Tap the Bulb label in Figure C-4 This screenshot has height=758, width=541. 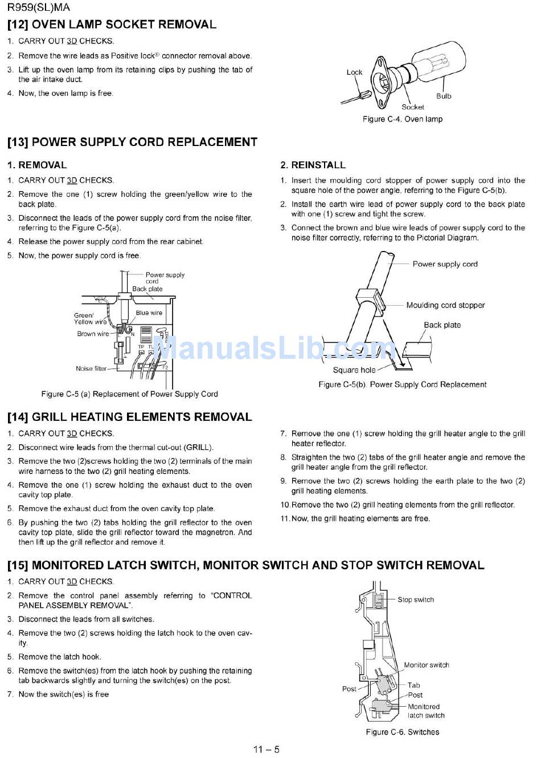[444, 96]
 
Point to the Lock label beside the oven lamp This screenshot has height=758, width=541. [354, 72]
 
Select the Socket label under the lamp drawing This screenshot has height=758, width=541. [413, 107]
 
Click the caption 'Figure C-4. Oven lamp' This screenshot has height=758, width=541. [403, 119]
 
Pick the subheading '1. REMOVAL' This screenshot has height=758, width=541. [37, 165]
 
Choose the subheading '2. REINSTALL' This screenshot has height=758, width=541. [313, 165]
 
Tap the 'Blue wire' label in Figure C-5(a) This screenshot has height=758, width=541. [149, 313]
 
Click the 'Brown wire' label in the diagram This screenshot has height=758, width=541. [93, 334]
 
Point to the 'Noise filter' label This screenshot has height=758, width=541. [91, 368]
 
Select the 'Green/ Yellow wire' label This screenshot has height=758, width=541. [90, 318]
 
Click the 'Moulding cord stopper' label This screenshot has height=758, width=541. [445, 305]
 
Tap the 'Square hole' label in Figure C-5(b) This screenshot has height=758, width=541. [354, 370]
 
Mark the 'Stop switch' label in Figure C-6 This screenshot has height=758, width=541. [416, 599]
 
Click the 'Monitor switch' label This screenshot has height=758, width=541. [427, 665]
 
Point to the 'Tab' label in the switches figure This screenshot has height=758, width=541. [413, 685]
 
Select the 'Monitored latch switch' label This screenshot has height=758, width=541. [426, 711]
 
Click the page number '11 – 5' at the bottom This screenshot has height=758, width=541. [267, 749]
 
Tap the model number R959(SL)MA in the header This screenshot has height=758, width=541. [39, 7]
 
